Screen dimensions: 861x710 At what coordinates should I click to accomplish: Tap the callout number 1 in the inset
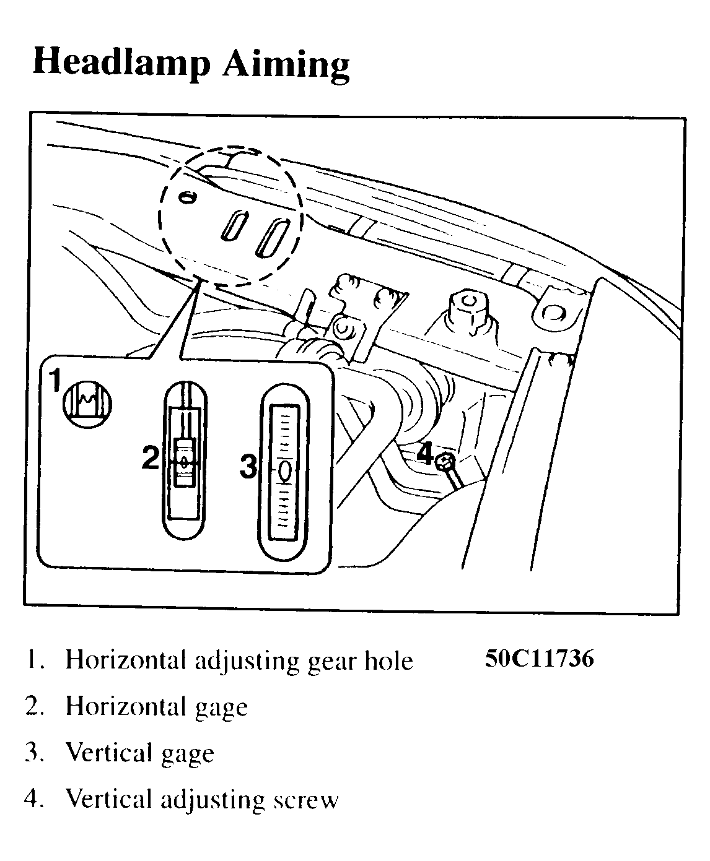(55, 381)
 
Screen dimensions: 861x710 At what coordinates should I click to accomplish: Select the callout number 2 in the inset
(150, 458)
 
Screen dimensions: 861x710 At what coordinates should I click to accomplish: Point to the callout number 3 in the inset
(248, 466)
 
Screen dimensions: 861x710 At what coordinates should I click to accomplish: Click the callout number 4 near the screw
(424, 454)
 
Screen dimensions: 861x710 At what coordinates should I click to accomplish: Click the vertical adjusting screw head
(445, 461)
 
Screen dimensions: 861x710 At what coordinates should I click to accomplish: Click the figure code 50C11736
(539, 658)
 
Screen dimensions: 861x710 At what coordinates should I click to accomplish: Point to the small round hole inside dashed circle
(187, 197)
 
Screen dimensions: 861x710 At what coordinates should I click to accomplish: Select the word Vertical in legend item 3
(110, 753)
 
